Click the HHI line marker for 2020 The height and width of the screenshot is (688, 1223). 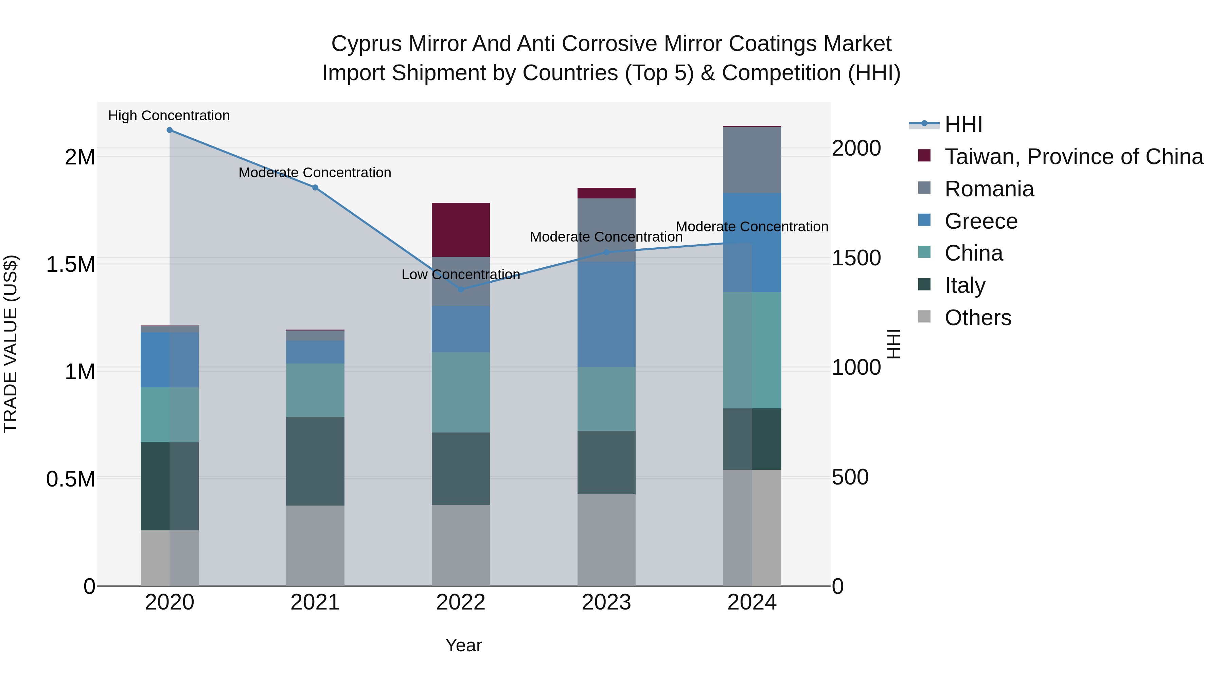[170, 130]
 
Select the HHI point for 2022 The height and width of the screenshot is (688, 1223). [461, 289]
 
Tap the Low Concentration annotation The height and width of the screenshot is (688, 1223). [461, 275]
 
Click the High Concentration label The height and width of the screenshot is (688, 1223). [169, 116]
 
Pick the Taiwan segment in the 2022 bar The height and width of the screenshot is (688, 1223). [461, 230]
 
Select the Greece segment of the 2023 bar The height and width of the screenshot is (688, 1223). [606, 314]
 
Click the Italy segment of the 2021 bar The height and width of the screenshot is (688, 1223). [315, 461]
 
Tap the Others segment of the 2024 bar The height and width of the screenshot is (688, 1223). [752, 528]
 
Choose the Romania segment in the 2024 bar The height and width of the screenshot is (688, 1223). [752, 160]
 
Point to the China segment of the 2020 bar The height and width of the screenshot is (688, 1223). [170, 414]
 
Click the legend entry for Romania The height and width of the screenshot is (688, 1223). [989, 189]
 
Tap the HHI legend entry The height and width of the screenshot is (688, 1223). [963, 124]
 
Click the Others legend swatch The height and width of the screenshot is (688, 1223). [924, 317]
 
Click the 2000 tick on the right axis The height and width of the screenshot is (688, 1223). [856, 148]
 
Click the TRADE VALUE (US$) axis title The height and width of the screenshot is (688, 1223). [11, 344]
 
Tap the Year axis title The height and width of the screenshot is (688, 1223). [463, 645]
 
